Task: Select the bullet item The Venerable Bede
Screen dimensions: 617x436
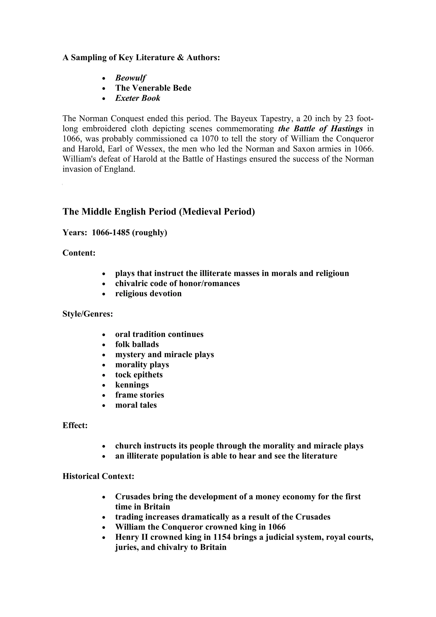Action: pos(153,88)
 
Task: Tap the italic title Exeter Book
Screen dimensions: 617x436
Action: pos(138,98)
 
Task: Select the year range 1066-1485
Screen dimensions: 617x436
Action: pos(109,232)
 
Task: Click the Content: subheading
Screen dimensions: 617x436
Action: pos(79,253)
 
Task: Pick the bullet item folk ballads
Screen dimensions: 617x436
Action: pos(137,344)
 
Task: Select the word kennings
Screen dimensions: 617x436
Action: pos(132,385)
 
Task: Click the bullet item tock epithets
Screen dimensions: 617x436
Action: pos(139,375)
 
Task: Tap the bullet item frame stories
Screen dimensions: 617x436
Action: pos(139,395)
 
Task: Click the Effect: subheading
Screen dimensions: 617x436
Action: pos(75,425)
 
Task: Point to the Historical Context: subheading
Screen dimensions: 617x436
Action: pos(98,476)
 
